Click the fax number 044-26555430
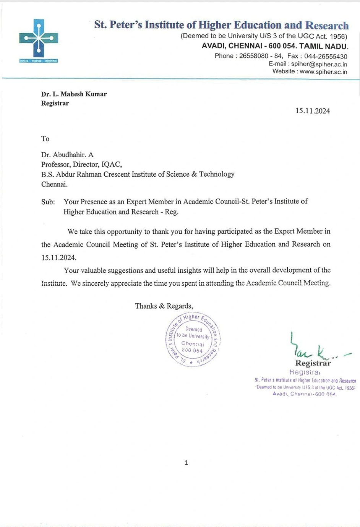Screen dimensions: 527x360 tap(326, 56)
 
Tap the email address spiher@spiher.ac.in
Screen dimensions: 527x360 tap(319, 64)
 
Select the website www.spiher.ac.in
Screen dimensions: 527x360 tap(323, 72)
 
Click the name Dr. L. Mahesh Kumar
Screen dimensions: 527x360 tap(74, 94)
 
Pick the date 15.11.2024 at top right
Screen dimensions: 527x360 tap(312, 111)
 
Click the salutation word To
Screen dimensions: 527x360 tap(45, 139)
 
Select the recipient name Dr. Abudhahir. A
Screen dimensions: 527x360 tap(67, 155)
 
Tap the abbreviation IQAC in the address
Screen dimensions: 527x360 tap(111, 165)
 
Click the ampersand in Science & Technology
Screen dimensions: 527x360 tap(194, 174)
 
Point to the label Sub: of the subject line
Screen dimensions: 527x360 tap(48, 202)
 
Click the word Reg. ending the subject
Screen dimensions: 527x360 tap(172, 212)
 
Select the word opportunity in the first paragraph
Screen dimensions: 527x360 tap(124, 232)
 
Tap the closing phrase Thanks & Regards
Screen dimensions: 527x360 tap(164, 306)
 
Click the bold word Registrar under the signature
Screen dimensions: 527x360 tap(313, 363)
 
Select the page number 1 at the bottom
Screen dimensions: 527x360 tap(186, 463)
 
